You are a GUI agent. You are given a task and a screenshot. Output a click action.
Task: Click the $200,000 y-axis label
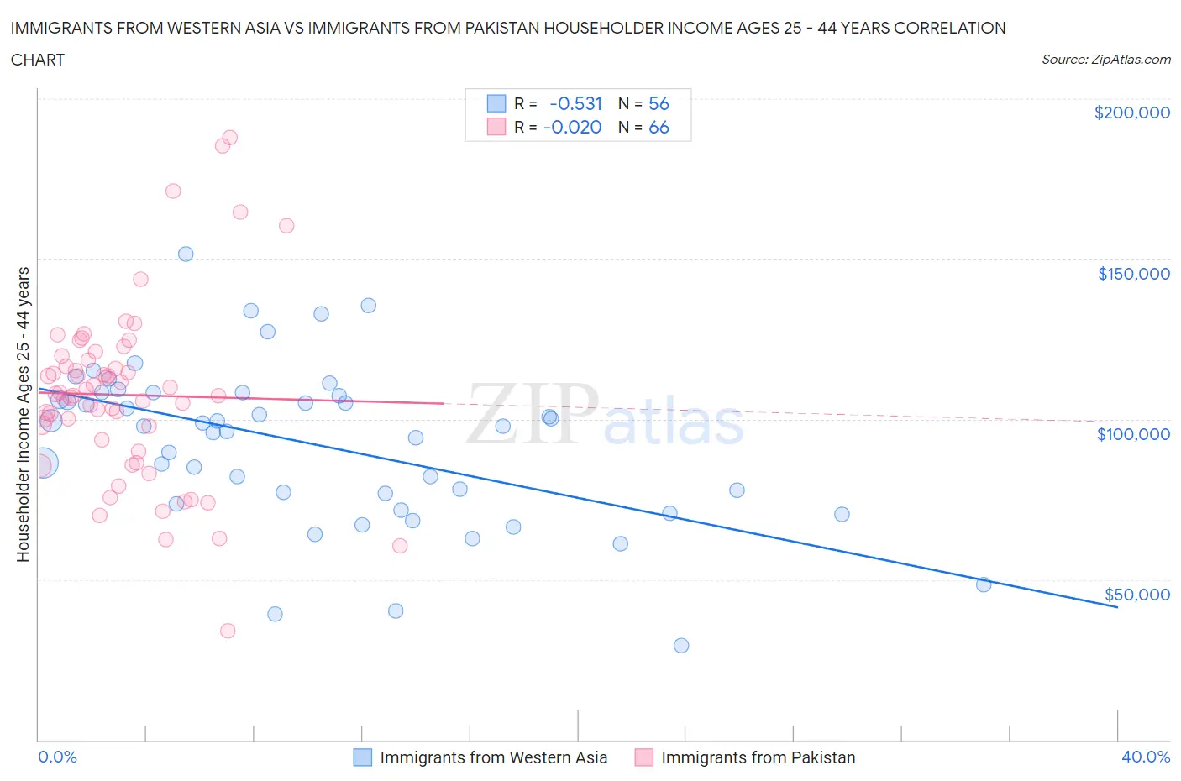[1131, 113]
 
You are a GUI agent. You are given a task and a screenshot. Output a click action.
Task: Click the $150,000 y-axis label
[1133, 274]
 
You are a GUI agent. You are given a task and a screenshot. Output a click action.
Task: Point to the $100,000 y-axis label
[1133, 434]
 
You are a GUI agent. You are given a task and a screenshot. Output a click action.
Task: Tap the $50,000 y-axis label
[1136, 595]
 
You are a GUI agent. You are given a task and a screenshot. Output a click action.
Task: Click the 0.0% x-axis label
[57, 757]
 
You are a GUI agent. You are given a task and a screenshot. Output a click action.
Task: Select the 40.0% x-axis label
[1146, 757]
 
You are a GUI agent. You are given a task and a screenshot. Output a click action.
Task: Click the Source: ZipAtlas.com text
[1105, 59]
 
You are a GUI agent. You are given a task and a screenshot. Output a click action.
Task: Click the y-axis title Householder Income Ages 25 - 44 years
[23, 414]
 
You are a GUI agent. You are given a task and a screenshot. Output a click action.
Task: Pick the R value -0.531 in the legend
[575, 103]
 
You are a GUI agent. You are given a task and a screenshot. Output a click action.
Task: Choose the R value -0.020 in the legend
[572, 127]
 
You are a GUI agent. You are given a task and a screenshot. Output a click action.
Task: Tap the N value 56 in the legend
[659, 103]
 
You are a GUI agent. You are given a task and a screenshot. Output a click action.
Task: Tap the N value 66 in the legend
[659, 127]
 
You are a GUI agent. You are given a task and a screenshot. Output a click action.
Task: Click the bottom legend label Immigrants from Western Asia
[493, 757]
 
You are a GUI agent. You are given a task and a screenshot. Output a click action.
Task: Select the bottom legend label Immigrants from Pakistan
[758, 757]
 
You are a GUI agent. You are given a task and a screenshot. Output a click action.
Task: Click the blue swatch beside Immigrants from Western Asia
[362, 757]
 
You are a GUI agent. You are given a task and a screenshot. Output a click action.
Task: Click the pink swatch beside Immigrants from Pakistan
[643, 757]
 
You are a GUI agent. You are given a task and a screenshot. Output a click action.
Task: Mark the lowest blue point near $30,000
[681, 646]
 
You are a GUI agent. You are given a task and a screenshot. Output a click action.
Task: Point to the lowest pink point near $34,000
[227, 631]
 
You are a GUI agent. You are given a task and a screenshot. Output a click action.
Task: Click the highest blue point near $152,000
[186, 254]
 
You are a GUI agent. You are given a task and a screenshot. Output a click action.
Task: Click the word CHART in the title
[38, 60]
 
